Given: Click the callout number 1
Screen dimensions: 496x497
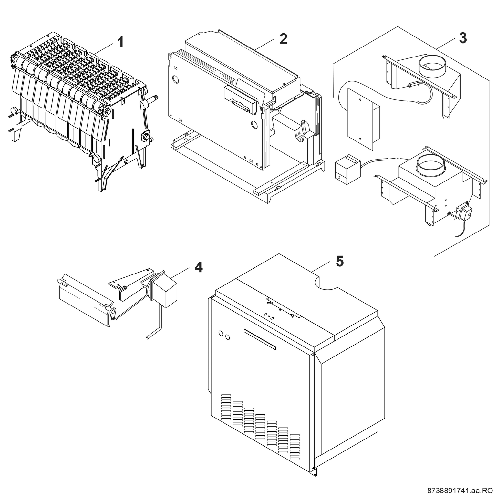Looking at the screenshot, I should tap(120, 42).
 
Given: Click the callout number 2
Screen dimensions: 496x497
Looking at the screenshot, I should tap(283, 39).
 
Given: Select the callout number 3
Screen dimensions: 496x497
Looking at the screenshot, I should tap(463, 38).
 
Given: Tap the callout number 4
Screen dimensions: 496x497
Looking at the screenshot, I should tap(198, 267).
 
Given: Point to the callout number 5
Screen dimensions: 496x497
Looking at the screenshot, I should tap(339, 261).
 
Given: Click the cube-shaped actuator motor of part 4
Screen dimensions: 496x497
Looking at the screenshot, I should tap(165, 292).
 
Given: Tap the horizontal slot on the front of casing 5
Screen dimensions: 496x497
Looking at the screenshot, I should tap(260, 339).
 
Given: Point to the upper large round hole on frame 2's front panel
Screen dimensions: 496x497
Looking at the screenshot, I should tap(176, 79).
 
